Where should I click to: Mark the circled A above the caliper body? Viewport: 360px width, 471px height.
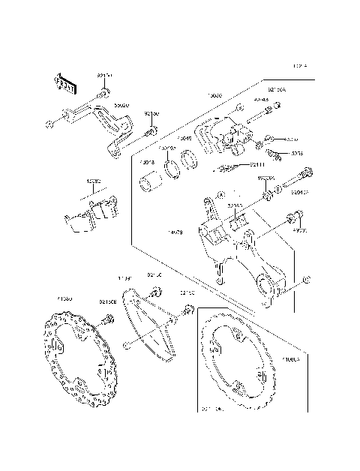point(238,109)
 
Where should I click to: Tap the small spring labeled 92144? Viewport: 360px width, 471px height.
point(229,167)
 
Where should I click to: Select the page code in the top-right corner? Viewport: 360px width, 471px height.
point(301,66)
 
